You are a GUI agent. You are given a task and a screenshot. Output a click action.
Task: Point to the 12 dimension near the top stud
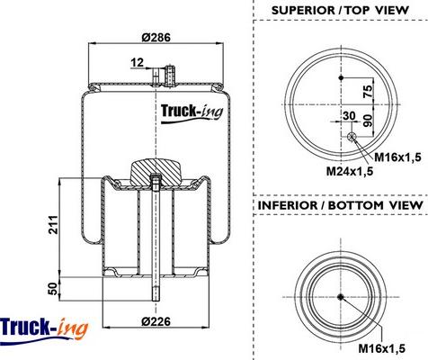137,62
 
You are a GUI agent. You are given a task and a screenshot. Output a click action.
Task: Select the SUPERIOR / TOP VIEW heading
341,10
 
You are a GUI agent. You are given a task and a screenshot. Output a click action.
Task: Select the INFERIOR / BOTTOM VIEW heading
341,206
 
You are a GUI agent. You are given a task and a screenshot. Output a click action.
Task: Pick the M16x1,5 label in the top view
397,157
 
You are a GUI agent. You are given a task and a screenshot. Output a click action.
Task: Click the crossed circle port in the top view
352,137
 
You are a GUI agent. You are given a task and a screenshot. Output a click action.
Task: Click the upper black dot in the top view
341,79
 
